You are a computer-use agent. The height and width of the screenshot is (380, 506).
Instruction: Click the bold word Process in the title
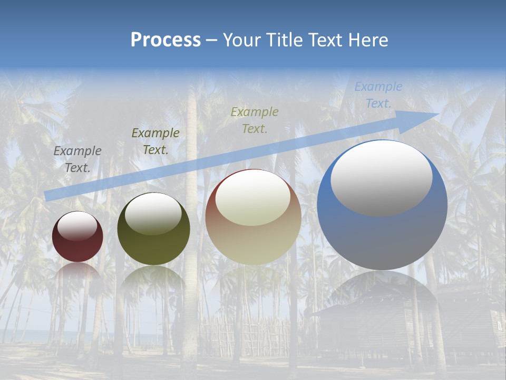[x=166, y=40]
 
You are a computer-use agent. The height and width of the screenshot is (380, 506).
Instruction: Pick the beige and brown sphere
[x=253, y=237]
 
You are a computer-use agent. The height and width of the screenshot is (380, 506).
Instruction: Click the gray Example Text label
[x=77, y=159]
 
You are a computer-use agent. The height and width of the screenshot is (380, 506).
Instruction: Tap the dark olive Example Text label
[x=155, y=141]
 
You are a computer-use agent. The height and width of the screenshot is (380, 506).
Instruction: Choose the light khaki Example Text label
[x=255, y=120]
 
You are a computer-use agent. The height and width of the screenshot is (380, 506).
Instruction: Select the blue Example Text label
[x=378, y=95]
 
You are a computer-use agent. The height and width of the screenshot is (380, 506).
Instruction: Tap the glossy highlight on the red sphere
[x=77, y=226]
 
